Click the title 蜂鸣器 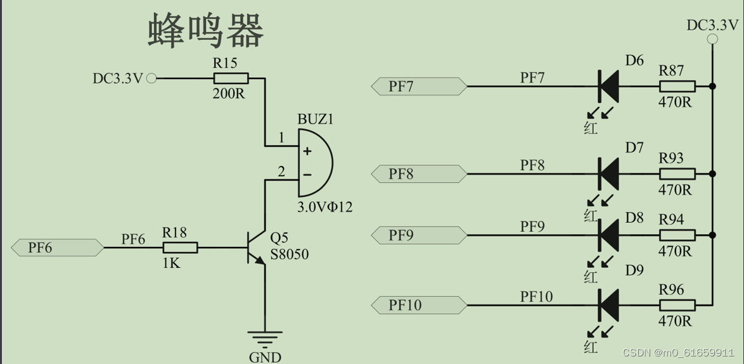click(206, 31)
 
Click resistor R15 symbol click(231, 78)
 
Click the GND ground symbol click(265, 338)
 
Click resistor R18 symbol click(180, 248)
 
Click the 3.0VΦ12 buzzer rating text click(324, 207)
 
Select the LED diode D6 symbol click(609, 86)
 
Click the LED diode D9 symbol click(609, 305)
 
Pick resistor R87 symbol click(677, 86)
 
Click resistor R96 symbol click(677, 305)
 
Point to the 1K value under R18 click(170, 263)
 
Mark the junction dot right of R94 click(713, 235)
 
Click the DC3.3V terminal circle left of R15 click(151, 78)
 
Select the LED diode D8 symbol click(609, 235)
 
